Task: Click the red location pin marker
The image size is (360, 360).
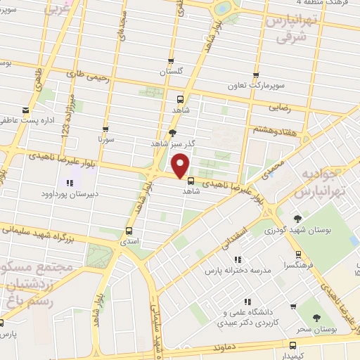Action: [x=181, y=165]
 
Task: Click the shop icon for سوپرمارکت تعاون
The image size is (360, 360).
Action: [x=256, y=75]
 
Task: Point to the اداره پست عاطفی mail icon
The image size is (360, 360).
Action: [x=25, y=110]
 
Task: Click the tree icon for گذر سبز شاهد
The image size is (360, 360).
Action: [x=173, y=132]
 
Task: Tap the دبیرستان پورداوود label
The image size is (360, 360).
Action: [x=67, y=193]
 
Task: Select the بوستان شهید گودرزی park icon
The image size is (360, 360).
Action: [x=298, y=219]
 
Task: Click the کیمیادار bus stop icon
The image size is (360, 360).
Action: [x=294, y=346]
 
